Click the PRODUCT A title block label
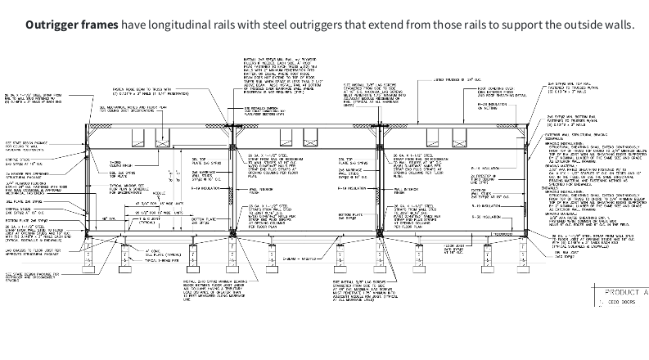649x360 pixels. tap(624, 292)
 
